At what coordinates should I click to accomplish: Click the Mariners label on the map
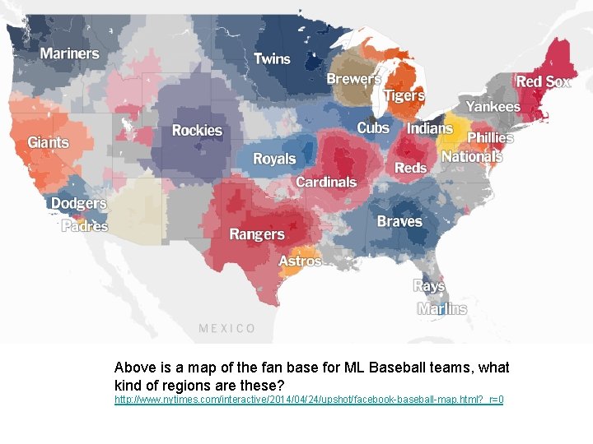(69, 54)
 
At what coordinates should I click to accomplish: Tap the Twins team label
(272, 58)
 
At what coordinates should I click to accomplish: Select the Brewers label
(354, 79)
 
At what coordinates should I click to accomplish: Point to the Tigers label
(404, 96)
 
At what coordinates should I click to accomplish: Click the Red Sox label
(543, 81)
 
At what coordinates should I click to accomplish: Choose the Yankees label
(493, 106)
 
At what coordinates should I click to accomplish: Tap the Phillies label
(490, 137)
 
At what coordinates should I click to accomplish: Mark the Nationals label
(472, 156)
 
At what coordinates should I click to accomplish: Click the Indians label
(429, 128)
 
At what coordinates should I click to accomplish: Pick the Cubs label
(373, 127)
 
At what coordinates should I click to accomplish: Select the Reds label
(410, 168)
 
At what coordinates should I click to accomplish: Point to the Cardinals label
(326, 182)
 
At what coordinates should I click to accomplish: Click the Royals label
(273, 159)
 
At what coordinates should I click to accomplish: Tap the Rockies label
(197, 130)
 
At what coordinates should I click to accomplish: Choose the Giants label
(49, 142)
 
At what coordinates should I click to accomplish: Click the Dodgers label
(78, 203)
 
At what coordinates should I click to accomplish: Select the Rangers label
(256, 234)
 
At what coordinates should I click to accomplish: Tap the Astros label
(300, 261)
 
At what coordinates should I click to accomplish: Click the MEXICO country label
(227, 328)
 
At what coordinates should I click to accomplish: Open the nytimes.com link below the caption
(309, 400)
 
